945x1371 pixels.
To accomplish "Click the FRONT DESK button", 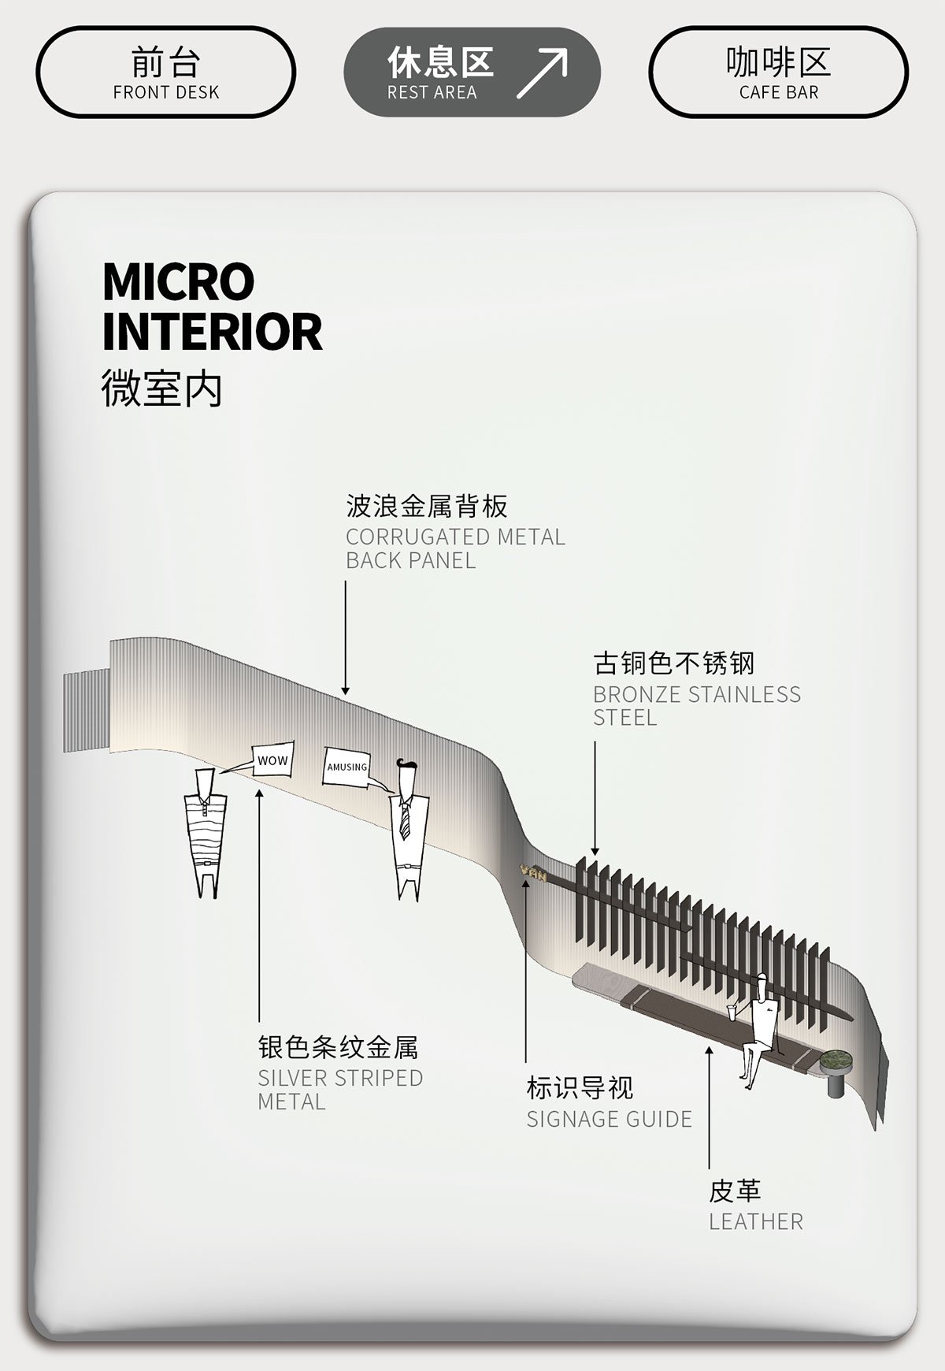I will [165, 72].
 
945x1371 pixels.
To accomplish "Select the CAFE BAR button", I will [778, 72].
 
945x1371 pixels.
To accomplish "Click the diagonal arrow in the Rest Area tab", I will [542, 73].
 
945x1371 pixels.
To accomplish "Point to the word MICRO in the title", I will [179, 281].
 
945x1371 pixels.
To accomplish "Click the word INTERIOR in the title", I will [212, 332].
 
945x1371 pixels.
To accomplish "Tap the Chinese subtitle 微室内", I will [161, 388].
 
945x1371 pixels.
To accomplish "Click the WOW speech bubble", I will [273, 760].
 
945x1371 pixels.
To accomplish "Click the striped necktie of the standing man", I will [406, 819].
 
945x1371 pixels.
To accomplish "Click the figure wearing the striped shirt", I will [206, 835].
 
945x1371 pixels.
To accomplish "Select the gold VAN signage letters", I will [533, 872].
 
